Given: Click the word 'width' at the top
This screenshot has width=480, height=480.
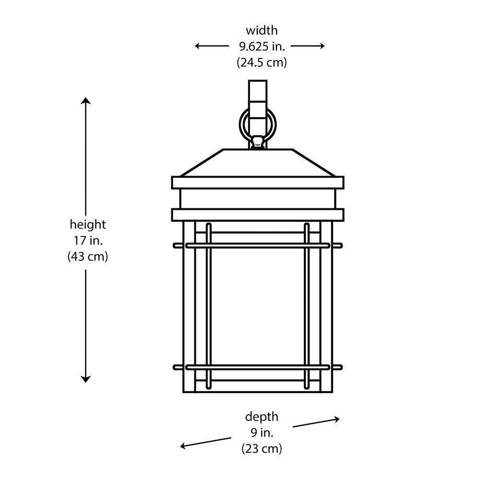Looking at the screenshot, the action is click(262, 31).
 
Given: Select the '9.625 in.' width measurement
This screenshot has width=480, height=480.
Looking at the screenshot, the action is click(262, 47).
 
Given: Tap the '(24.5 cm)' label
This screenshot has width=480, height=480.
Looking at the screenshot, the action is click(262, 62).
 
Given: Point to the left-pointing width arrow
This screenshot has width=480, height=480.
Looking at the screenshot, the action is click(212, 46).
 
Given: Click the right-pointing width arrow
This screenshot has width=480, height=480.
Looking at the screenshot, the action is click(307, 46).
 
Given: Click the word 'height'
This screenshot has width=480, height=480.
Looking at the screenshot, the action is click(87, 225).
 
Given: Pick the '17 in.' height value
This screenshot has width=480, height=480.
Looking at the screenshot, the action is click(88, 240).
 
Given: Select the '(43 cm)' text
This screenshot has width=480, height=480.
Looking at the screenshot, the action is click(87, 256).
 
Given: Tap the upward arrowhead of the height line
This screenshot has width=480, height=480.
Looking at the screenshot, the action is click(86, 100).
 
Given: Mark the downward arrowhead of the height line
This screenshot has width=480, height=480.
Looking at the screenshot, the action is click(86, 380).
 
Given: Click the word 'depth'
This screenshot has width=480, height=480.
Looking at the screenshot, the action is click(262, 417).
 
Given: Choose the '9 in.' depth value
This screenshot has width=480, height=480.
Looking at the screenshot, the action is click(262, 432).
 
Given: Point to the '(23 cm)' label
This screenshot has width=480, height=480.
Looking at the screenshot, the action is click(262, 448).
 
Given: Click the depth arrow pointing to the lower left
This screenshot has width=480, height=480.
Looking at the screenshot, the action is click(205, 443).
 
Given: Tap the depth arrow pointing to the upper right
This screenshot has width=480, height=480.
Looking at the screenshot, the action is click(316, 423).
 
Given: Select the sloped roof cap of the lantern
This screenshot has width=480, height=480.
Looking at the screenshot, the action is click(258, 163).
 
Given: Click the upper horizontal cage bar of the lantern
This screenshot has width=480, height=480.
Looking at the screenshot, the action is click(258, 245).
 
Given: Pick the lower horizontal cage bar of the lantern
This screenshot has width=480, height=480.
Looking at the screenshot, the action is click(258, 367).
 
